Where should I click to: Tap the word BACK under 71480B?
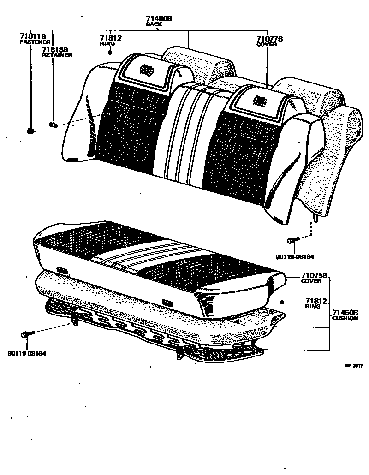154,24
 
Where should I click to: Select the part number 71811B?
32,36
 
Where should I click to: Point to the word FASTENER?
35,42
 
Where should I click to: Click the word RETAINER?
57,55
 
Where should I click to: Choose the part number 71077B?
269,39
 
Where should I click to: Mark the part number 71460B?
345,313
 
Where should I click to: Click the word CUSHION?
345,318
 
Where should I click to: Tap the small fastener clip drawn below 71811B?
31,131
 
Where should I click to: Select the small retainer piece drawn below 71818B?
53,124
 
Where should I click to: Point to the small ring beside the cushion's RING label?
282,302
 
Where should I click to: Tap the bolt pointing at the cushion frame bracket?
27,333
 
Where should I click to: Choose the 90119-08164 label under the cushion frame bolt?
27,354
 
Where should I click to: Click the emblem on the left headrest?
147,70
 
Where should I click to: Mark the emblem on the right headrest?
261,101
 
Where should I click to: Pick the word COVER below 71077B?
266,45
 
